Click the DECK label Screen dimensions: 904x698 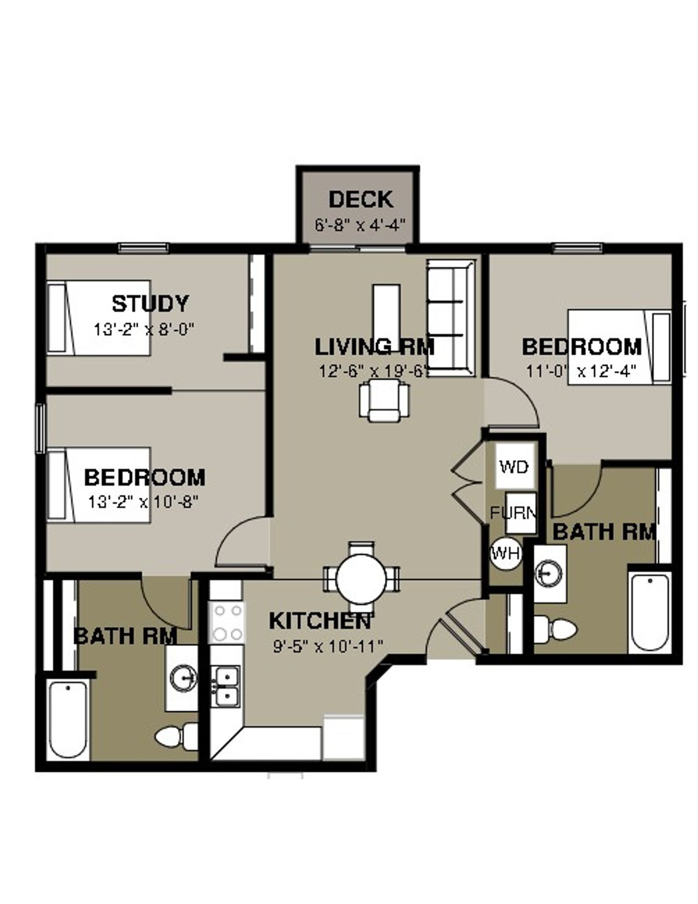pos(361,199)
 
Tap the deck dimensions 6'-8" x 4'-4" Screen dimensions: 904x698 pos(360,225)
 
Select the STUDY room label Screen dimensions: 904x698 pos(150,304)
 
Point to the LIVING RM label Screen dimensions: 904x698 pos(374,347)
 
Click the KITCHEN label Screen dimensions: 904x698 pos(321,621)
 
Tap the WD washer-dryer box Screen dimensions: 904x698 pos(514,466)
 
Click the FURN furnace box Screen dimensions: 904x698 pos(520,513)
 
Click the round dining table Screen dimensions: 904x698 pos(361,578)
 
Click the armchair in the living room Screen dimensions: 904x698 pos(384,401)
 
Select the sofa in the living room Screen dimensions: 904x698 pos(450,318)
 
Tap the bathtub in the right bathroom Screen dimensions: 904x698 pos(650,612)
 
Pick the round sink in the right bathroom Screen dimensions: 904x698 pos(549,573)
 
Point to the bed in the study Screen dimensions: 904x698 pos(98,318)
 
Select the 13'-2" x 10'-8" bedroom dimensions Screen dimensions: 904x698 pos(143,502)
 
